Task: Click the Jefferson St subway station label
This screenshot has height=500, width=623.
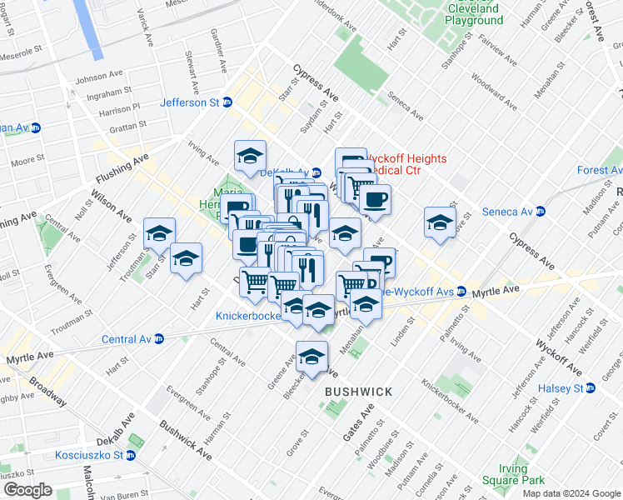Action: [x=190, y=102]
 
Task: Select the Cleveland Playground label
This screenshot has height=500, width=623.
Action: [x=474, y=14]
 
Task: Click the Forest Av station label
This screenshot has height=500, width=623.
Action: [x=599, y=170]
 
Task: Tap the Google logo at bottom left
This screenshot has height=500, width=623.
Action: [x=27, y=490]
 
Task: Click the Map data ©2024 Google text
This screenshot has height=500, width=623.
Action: [x=571, y=493]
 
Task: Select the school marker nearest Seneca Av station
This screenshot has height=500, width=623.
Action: [x=440, y=222]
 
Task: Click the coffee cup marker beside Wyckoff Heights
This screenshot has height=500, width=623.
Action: [x=375, y=199]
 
